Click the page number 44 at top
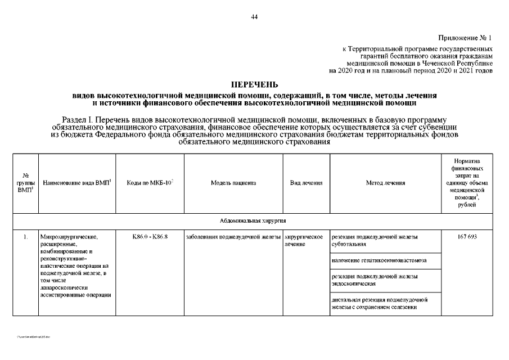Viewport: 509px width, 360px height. click(254, 17)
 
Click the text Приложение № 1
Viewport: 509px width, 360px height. click(465, 38)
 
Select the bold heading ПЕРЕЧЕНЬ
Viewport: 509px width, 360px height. click(254, 85)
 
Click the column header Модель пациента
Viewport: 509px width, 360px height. click(233, 183)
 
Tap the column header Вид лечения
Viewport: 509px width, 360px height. click(306, 183)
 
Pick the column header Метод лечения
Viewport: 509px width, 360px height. click(385, 183)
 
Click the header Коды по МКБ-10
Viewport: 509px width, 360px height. click(150, 183)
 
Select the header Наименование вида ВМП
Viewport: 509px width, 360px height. click(76, 183)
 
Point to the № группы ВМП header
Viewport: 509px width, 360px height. click(25, 183)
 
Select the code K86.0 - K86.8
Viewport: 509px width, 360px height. click(150, 237)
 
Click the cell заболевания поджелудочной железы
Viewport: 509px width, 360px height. click(233, 237)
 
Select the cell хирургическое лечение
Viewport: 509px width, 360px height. click(303, 241)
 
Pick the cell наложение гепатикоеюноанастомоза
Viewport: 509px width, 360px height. click(379, 260)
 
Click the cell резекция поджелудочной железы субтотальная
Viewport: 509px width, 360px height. click(375, 241)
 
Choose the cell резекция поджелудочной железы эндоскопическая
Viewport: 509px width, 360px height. click(375, 280)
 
